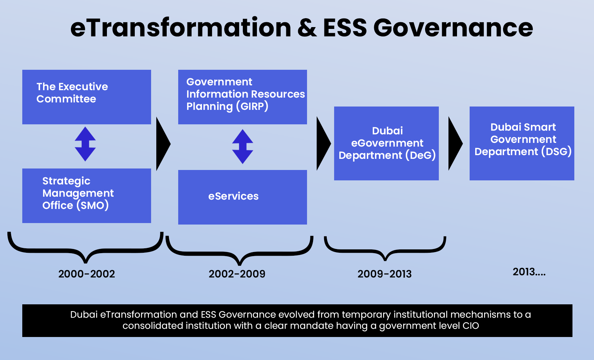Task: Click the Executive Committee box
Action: [87, 97]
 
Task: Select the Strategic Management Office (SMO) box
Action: [87, 196]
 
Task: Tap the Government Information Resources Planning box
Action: [242, 97]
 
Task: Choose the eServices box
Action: [242, 197]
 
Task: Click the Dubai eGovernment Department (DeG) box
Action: [386, 143]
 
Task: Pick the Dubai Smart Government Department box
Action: [522, 143]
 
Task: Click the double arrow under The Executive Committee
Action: [85, 144]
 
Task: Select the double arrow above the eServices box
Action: [243, 147]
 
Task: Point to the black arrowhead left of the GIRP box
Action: [163, 144]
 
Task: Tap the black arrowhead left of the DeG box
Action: [323, 143]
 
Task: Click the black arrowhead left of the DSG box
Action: [455, 143]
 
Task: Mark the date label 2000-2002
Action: [87, 274]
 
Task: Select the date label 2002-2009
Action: [237, 274]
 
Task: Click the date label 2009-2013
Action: [385, 274]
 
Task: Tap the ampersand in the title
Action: [307, 28]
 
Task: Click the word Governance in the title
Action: [453, 28]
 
